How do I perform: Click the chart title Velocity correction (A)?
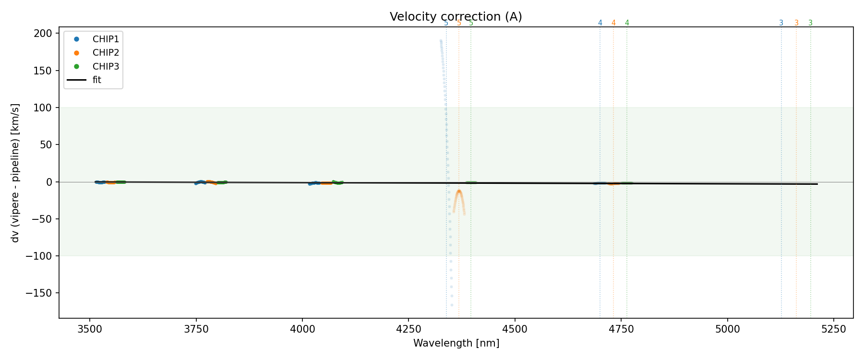456,17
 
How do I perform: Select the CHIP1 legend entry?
106,39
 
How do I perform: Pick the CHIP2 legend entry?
106,53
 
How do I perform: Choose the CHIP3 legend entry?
106,66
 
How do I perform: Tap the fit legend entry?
97,80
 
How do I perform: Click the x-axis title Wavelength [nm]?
456,343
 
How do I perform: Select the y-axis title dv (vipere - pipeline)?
15,173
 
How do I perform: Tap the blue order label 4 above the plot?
600,23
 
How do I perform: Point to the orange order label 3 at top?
796,23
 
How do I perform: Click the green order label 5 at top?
471,23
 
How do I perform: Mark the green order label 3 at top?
811,23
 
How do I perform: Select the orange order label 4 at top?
613,23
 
